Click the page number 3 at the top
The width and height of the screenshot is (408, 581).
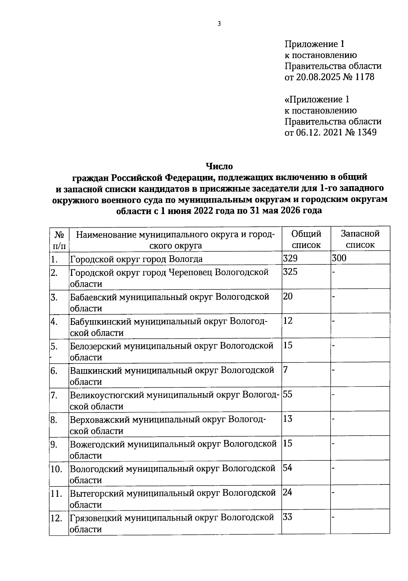tap(219, 24)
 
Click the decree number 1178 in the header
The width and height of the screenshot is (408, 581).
tap(364, 77)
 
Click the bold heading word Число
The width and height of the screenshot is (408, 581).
tap(219, 166)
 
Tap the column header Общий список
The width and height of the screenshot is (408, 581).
tap(306, 239)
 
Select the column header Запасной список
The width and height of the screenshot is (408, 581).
tap(360, 239)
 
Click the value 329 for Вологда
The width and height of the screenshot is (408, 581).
tap(290, 258)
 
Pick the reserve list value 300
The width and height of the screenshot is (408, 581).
tap(339, 258)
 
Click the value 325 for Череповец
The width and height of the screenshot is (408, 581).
tap(290, 272)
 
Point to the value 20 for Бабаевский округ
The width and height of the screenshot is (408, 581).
tap(288, 296)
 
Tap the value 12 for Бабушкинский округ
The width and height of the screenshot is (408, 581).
tap(288, 321)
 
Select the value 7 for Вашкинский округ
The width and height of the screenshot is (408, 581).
tap(286, 370)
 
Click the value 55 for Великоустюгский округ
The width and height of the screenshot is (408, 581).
tap(288, 394)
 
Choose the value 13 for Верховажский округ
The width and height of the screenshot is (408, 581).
tap(288, 419)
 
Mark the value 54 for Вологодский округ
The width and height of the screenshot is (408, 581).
tap(288, 468)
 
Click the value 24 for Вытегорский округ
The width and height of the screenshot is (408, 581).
tap(288, 492)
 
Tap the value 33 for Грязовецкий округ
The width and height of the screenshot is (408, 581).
tap(288, 517)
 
